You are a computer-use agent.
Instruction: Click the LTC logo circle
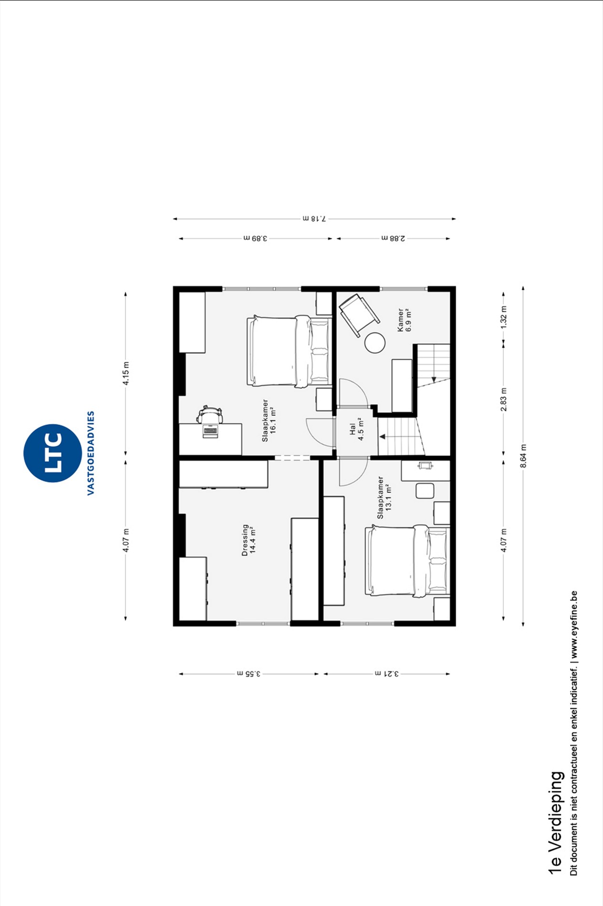pos(52,453)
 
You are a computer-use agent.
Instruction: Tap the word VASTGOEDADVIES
pos(91,453)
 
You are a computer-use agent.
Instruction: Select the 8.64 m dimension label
pos(523,456)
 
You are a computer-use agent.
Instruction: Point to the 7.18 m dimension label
pos(314,218)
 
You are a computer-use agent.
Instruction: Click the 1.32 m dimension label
pos(504,316)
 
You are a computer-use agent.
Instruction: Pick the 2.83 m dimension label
pos(504,400)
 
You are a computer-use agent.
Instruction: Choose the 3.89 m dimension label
pos(255,238)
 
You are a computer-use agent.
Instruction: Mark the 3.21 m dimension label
pos(386,674)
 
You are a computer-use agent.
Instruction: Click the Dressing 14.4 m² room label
pos(249,540)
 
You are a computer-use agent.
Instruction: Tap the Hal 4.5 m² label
pos(357,429)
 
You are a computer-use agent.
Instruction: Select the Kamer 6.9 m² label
pos(404,319)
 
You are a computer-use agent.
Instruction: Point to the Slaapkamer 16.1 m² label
pos(269,421)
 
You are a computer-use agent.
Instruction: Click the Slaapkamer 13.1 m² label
pos(385,497)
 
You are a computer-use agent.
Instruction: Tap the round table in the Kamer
pos(375,343)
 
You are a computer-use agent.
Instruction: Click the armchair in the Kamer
pos(359,315)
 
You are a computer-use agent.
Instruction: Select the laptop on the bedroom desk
pos(210,431)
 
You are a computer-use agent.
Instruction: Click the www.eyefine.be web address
pos(574,625)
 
